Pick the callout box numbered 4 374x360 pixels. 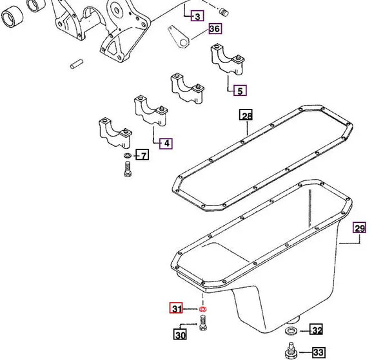click(x=166, y=144)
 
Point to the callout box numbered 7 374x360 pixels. click(x=143, y=155)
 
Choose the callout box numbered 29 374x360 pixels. click(x=359, y=228)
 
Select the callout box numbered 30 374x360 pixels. click(x=181, y=334)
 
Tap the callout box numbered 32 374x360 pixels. click(x=316, y=331)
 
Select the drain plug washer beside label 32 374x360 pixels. click(x=290, y=332)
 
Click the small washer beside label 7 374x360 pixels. click(x=126, y=156)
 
